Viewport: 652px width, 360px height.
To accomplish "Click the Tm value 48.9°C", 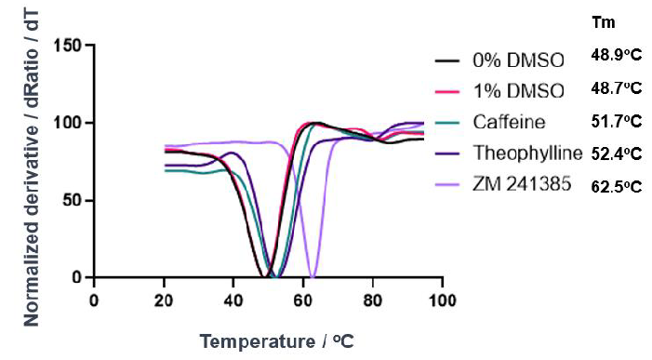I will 617,57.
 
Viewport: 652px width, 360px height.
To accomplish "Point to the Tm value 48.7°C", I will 617,87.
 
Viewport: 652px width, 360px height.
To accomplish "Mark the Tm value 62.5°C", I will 617,186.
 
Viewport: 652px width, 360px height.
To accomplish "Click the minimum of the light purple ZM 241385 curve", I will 313,276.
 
